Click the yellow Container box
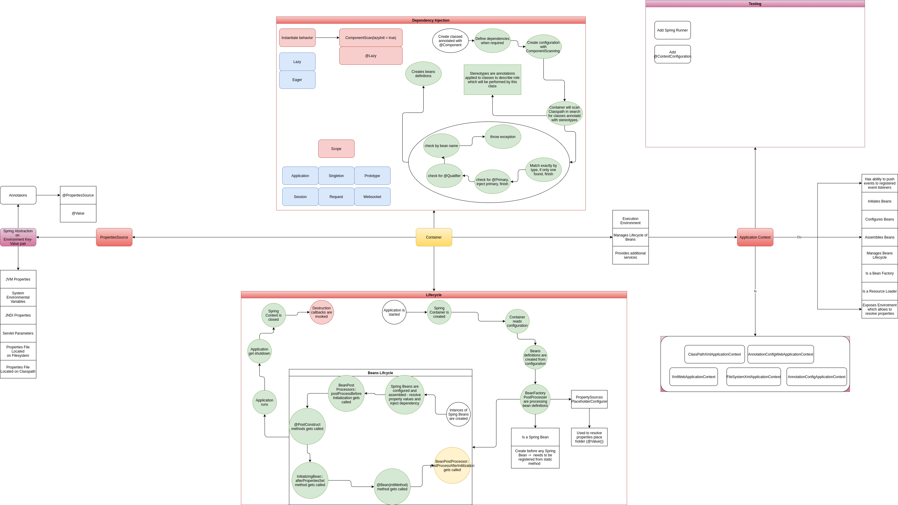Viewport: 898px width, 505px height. tap(434, 237)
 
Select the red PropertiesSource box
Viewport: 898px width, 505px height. tap(114, 237)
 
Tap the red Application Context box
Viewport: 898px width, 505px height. tap(755, 237)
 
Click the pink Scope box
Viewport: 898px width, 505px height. tap(336, 149)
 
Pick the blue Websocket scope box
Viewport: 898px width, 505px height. tap(372, 197)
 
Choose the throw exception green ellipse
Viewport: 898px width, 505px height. tap(502, 137)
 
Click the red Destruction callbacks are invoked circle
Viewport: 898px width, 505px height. tap(322, 312)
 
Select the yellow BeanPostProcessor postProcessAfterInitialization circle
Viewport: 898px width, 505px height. tap(452, 465)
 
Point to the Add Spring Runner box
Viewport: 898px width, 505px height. tap(672, 30)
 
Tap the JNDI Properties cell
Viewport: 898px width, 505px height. tap(18, 315)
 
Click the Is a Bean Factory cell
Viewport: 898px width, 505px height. tap(879, 273)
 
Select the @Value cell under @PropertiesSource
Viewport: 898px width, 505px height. tap(78, 213)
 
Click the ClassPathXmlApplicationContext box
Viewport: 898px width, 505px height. tap(714, 354)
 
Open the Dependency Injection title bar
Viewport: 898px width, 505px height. tap(431, 20)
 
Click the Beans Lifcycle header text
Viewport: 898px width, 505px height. tap(380, 373)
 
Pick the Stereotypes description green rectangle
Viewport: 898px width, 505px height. tap(492, 80)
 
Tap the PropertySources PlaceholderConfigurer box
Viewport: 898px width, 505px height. tap(589, 399)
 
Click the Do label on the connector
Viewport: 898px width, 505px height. tap(799, 237)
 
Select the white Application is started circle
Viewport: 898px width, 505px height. tap(394, 312)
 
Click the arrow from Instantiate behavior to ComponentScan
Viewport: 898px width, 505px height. tap(327, 38)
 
